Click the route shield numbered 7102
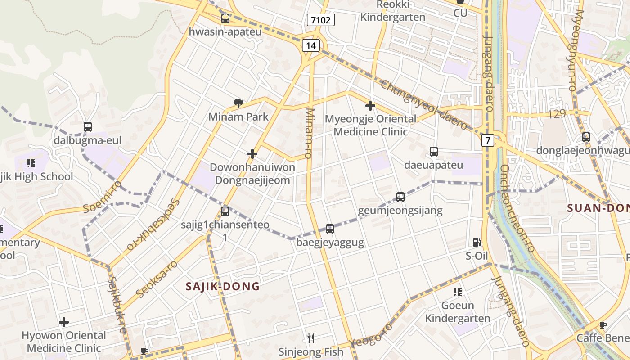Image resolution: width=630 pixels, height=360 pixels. (321, 20)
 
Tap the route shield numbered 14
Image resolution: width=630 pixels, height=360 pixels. (311, 45)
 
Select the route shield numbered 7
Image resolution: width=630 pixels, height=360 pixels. (487, 140)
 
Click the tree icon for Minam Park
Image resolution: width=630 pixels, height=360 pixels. (238, 104)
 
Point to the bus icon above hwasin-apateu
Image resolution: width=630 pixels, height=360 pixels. (225, 18)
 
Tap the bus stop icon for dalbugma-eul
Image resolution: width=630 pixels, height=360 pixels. (88, 127)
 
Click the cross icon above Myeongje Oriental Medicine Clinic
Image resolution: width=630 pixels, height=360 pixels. (370, 106)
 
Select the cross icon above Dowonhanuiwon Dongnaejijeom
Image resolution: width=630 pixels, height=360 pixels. (252, 154)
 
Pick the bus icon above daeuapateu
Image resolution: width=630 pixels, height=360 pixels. (434, 152)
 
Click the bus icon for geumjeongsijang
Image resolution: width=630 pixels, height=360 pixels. (400, 197)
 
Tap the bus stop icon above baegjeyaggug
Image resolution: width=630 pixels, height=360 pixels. (330, 229)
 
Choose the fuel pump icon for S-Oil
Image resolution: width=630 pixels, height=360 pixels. (477, 243)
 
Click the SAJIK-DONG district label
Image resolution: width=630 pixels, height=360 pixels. (223, 286)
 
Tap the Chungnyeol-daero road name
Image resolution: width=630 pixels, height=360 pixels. (424, 105)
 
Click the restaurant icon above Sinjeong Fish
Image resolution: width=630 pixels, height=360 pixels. (310, 338)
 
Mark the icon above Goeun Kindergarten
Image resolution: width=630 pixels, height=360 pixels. (458, 292)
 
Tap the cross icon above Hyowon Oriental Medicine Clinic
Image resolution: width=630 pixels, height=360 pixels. (64, 322)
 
